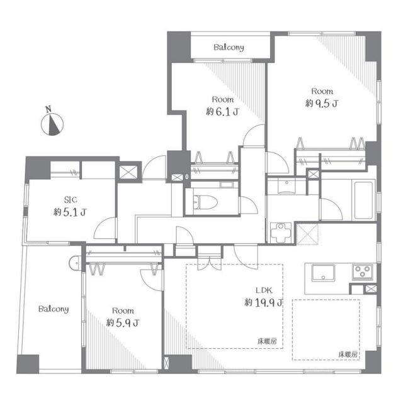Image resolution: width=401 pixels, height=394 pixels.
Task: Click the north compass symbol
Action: point(52,124)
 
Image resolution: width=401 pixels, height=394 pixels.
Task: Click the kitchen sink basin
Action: point(324,273)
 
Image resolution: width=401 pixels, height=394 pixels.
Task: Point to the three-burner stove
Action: point(363,271)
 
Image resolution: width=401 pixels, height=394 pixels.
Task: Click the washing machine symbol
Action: point(281,233)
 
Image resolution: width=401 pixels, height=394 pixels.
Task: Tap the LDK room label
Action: point(264,290)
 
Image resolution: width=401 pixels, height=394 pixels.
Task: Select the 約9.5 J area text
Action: point(322,104)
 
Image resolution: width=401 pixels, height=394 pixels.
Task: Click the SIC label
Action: point(71,200)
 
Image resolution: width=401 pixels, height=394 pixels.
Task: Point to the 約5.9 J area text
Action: point(123,323)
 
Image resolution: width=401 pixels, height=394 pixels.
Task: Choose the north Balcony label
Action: point(229,48)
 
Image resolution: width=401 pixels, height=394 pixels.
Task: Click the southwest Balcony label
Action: point(54,309)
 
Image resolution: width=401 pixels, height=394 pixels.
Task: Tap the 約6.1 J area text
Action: point(222,112)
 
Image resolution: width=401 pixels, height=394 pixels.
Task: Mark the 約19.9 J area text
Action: point(263,303)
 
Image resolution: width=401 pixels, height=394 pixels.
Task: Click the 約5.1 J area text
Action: point(70,212)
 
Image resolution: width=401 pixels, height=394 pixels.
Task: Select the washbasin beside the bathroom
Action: point(286,186)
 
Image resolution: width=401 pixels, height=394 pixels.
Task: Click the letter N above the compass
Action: point(48,109)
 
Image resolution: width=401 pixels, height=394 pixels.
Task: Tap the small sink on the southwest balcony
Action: point(75,263)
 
